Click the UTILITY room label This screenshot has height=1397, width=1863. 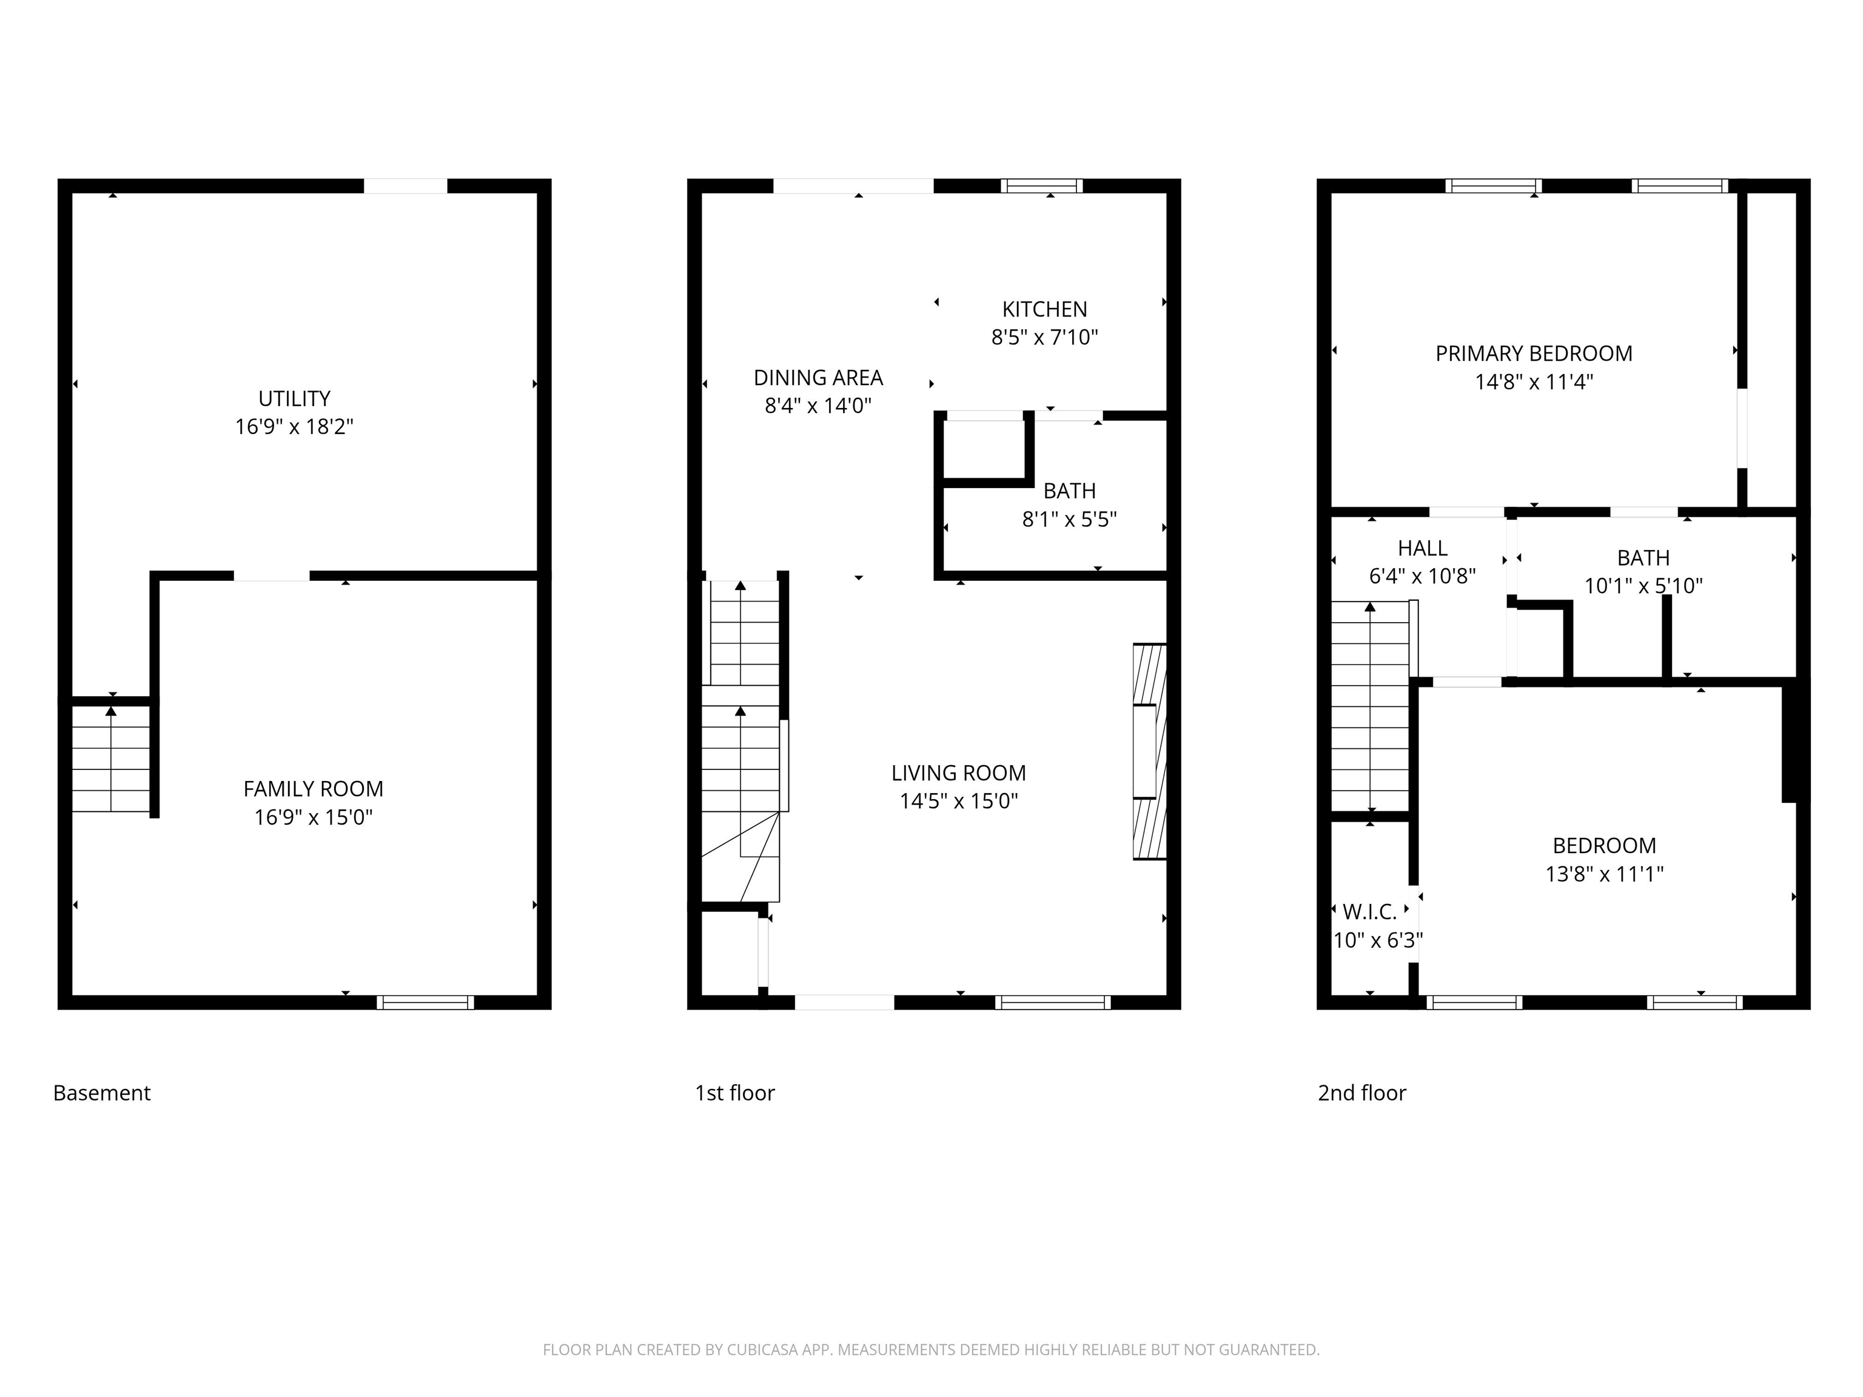tap(294, 398)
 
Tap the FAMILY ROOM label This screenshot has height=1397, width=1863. tap(314, 789)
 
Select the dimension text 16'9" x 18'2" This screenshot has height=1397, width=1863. tap(294, 427)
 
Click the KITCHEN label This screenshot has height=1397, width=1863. tap(1044, 309)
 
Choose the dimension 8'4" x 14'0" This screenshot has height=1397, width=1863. tap(818, 406)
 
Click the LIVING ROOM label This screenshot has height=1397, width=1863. tap(958, 773)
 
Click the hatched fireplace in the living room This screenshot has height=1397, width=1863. tap(1150, 751)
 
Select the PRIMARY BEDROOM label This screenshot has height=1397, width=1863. tap(1534, 353)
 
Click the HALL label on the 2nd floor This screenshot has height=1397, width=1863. tap(1423, 548)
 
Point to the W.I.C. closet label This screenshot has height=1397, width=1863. tap(1369, 911)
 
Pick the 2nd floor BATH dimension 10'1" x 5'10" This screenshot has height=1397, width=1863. tap(1643, 586)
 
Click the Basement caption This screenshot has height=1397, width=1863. tap(102, 1093)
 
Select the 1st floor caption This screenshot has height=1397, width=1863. tap(734, 1093)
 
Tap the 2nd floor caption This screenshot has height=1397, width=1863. tap(1362, 1093)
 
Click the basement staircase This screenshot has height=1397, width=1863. tap(111, 759)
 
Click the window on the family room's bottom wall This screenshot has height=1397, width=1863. tap(425, 1002)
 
